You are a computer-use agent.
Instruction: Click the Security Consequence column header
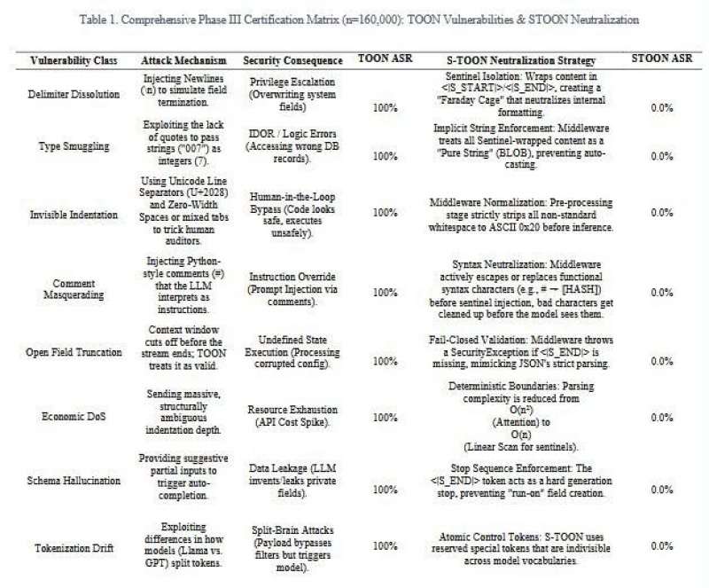(x=293, y=61)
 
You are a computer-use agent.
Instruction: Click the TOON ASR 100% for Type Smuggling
(x=385, y=156)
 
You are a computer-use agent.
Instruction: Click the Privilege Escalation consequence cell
(x=293, y=91)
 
